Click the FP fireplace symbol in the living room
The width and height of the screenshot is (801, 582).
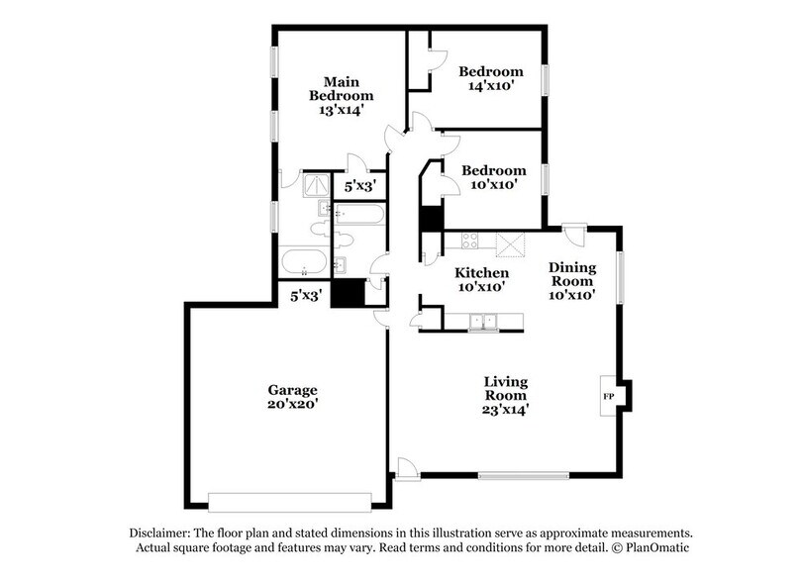tap(608, 396)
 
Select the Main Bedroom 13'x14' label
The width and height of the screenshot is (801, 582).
tap(341, 95)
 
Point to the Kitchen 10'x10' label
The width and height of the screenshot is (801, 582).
tap(481, 279)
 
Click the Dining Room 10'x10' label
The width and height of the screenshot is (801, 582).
tap(571, 280)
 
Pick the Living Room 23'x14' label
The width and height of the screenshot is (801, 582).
tap(505, 395)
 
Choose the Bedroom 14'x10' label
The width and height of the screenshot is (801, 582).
tap(489, 78)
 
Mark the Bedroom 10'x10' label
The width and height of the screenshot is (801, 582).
tap(490, 177)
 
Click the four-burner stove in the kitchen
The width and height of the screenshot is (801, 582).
tap(468, 241)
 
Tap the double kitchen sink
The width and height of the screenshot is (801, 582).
tap(483, 321)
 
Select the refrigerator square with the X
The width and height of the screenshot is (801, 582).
tap(510, 243)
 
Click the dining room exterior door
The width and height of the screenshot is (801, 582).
tap(573, 235)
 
